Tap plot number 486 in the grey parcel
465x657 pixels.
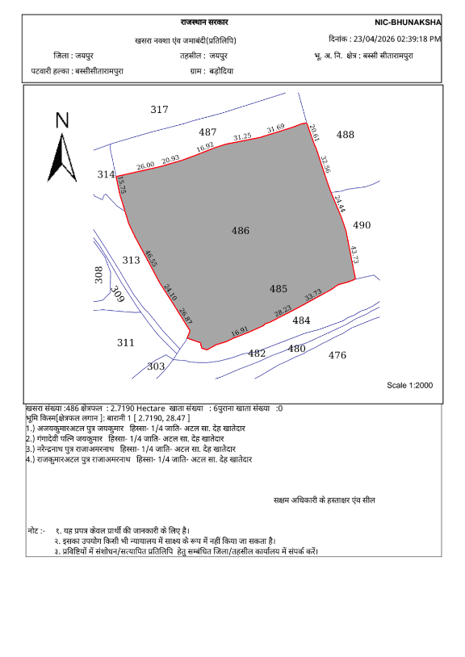click(x=241, y=231)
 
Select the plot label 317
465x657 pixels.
click(x=159, y=110)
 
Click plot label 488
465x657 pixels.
click(x=346, y=135)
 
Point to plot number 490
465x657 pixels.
click(x=362, y=225)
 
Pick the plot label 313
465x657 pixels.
click(x=131, y=260)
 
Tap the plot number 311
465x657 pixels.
click(x=125, y=342)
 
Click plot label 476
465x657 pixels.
click(x=337, y=355)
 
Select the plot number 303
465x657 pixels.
click(x=156, y=366)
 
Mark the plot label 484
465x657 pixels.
click(x=301, y=320)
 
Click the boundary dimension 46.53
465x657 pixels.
click(x=151, y=259)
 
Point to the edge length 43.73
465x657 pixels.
click(x=353, y=256)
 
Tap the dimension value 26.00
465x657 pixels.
click(x=145, y=165)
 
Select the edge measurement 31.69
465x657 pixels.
click(x=276, y=128)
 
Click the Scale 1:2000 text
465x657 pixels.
click(x=410, y=386)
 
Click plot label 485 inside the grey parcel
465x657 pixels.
click(x=279, y=289)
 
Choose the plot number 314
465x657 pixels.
click(x=106, y=174)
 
